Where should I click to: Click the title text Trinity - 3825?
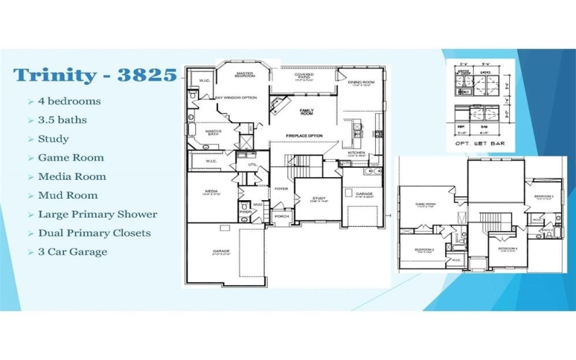pos(94,75)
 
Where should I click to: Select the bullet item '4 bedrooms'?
pos(69,102)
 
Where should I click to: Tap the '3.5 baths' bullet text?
pos(63,120)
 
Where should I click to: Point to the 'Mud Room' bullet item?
pos(68,195)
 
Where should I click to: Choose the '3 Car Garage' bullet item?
pos(73,251)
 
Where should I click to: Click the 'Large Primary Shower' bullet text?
pos(97,214)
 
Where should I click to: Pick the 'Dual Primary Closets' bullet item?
pos(94,233)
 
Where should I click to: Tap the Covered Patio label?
pos(303,76)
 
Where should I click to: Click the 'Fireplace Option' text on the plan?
pos(304,136)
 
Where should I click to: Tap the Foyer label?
pos(281,189)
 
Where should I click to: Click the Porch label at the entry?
pos(281,216)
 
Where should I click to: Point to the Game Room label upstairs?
pos(426,204)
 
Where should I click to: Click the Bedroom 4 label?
pos(508,248)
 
